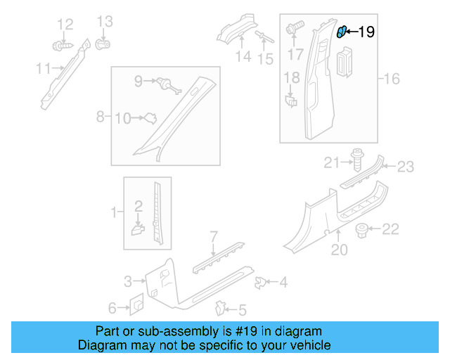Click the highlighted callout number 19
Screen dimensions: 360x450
[366, 31]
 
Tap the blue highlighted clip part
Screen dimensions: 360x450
[342, 31]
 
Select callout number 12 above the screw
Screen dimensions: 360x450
[65, 25]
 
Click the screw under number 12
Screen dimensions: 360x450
[60, 47]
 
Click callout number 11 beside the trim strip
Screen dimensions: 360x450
[44, 68]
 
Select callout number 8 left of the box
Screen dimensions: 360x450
[101, 115]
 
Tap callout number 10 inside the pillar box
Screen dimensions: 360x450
[122, 119]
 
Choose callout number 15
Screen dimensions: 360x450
[265, 60]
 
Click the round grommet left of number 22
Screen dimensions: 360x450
[363, 229]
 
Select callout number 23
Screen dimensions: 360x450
[406, 167]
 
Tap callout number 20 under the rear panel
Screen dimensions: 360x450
[340, 250]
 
